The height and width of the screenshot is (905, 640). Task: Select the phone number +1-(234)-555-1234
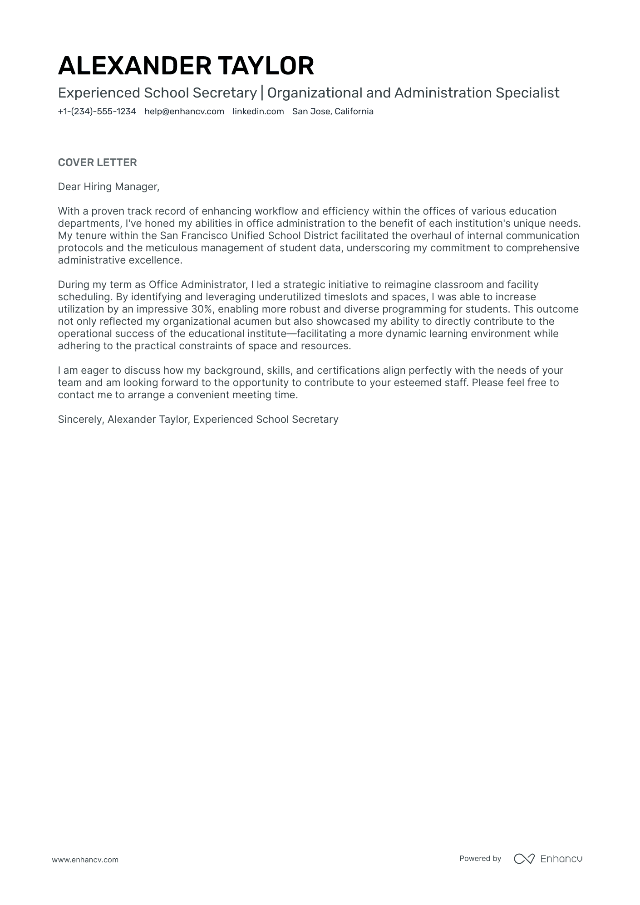coord(97,112)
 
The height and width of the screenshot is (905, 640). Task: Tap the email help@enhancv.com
coord(184,112)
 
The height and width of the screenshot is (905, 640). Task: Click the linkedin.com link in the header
coord(258,112)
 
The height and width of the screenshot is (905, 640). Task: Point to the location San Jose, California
coord(333,112)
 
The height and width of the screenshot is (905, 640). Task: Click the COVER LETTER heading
coord(97,162)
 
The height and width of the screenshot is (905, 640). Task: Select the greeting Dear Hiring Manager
coord(108,187)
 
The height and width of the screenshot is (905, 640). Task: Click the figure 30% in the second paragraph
coord(202,309)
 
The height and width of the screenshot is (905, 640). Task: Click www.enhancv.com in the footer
coord(85,860)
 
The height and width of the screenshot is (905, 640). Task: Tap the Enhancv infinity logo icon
coord(524,859)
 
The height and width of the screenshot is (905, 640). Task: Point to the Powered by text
coord(480,858)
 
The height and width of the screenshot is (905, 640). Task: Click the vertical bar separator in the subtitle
coord(262,93)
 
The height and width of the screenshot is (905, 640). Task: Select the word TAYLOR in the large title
coord(266,66)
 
